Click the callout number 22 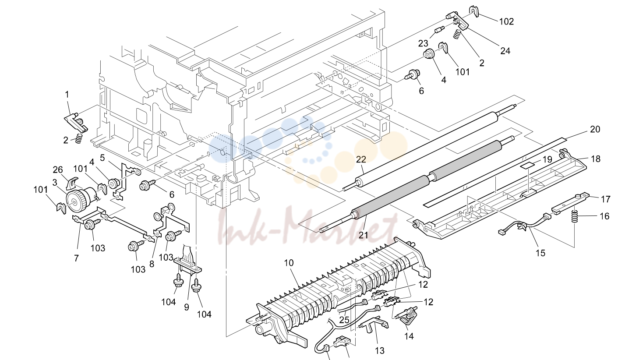coord(361,159)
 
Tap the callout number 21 coord(364,235)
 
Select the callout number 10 coord(289,263)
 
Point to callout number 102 coord(507,21)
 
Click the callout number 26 coord(58,169)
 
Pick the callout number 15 coord(540,253)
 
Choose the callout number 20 coord(595,129)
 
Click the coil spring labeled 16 coord(574,216)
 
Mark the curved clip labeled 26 coord(72,182)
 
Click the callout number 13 coord(380,351)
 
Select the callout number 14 coord(409,336)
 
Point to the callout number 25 coord(344,320)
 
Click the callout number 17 coord(606,199)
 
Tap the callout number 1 coord(67,95)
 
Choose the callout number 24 coord(505,51)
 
